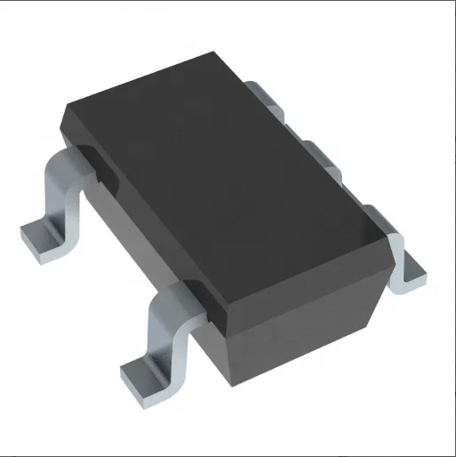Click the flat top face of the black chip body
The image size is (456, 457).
click(231, 178)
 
